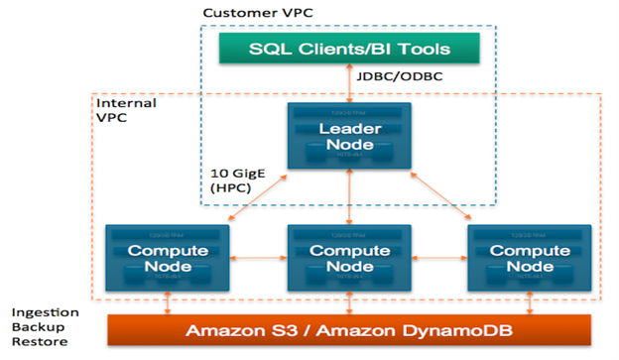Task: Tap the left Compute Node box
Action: coord(167,257)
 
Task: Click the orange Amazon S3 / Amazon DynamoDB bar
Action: coord(348,329)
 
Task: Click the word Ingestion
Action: coord(45,311)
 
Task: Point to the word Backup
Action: coord(38,328)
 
